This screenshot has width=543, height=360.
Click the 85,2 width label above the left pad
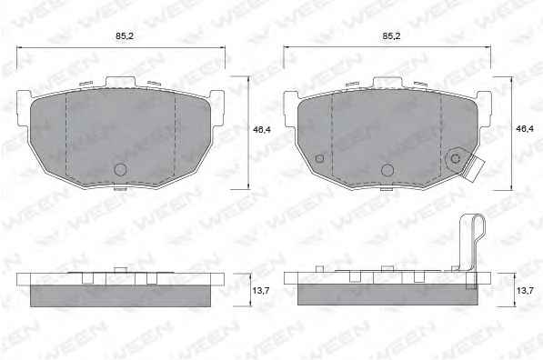125,35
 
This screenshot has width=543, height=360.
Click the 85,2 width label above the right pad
391,35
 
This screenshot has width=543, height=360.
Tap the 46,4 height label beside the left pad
261,129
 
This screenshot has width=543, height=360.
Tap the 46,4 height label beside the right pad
525,129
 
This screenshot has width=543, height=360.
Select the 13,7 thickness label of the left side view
261,291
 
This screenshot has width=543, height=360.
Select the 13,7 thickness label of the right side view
525,291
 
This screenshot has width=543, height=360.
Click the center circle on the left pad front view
120,170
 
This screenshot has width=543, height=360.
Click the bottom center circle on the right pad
387,170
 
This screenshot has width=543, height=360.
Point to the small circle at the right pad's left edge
319,158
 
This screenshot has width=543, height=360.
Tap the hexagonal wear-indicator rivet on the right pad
456,159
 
